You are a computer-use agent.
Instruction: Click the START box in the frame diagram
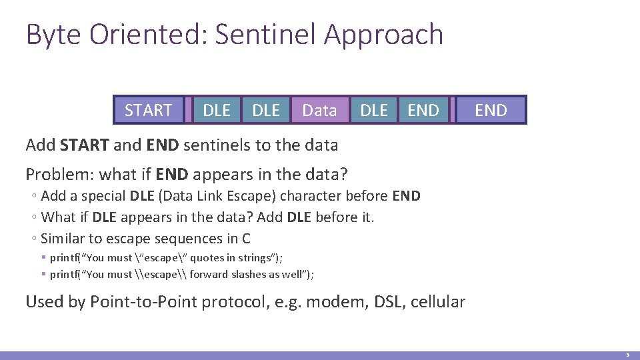149,110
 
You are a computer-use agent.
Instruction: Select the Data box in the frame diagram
319,110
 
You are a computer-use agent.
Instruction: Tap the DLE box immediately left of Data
267,110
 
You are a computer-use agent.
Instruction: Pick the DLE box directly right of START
217,110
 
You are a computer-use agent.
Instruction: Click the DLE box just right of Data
373,110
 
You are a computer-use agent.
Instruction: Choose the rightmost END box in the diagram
491,110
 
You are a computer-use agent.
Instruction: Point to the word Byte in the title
51,35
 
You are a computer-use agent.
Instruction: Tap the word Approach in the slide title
383,35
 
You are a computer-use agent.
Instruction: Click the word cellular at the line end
438,302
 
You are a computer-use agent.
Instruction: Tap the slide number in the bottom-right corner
627,355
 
